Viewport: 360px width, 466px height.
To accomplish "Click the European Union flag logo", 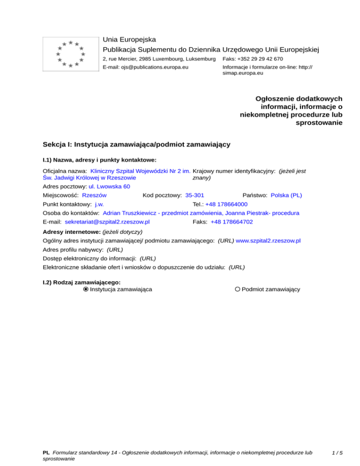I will [70, 54].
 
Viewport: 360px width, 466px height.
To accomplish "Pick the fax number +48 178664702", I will [232, 222].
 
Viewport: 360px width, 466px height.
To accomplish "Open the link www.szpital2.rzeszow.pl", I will [268, 241].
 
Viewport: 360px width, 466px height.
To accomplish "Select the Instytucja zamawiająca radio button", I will [86, 289].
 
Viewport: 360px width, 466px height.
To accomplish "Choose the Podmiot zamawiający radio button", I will [238, 289].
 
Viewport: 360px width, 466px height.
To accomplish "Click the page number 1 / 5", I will [336, 453].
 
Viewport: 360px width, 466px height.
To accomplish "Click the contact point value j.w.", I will [99, 204].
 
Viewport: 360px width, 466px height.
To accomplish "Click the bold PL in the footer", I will [46, 453].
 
